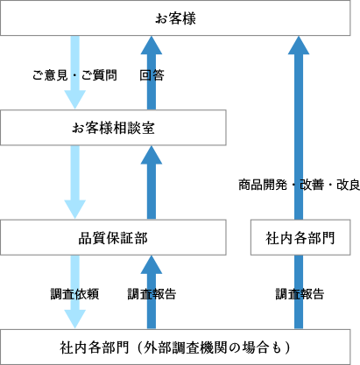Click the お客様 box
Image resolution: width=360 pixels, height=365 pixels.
[175, 18]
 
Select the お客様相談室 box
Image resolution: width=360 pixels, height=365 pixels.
[113, 128]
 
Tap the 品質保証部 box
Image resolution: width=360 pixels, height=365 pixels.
[113, 237]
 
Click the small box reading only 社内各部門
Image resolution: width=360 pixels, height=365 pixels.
[300, 237]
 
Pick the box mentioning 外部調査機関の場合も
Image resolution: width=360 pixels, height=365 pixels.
[175, 347]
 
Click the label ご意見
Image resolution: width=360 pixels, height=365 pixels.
[50, 75]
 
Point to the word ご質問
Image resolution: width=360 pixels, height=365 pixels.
[99, 75]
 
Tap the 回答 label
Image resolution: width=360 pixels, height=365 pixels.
[152, 75]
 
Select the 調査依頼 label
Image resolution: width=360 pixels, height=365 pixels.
[74, 294]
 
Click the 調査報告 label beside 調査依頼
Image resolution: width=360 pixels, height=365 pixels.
[152, 294]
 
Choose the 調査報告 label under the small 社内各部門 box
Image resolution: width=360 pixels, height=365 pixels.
[300, 294]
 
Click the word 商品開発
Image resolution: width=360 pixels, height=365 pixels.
[263, 185]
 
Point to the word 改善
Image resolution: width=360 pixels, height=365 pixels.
[312, 185]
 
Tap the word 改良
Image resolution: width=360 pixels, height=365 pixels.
[348, 185]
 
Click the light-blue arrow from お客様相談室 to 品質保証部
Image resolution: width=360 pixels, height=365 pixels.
[75, 182]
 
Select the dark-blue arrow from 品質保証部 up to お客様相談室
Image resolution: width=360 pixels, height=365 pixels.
[152, 183]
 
